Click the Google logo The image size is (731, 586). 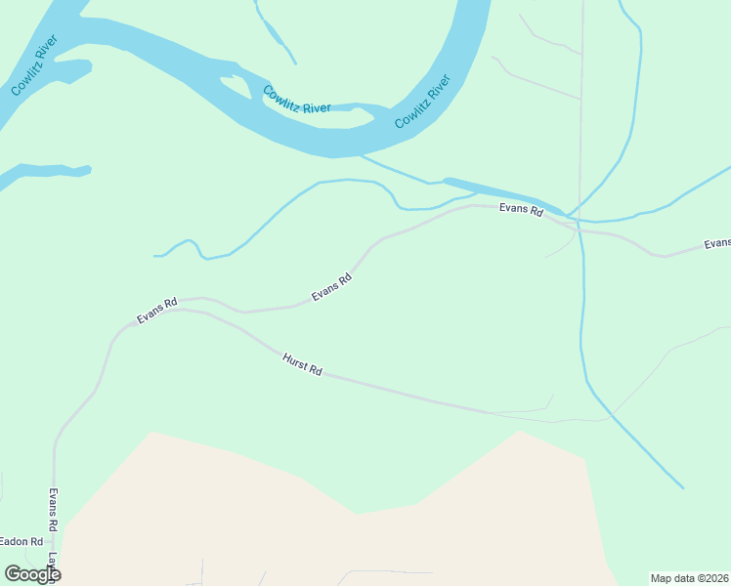(x=32, y=574)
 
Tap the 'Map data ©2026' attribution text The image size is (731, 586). (x=689, y=578)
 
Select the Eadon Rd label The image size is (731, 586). (x=21, y=541)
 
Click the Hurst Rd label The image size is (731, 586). (x=302, y=364)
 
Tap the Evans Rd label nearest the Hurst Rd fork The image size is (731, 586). (x=156, y=311)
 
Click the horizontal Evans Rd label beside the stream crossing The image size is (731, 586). (x=520, y=208)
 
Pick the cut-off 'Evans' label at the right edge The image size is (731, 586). (x=717, y=243)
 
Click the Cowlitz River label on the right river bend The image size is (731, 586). (x=422, y=102)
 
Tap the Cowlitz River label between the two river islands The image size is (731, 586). (x=296, y=100)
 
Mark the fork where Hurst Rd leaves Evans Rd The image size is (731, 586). (x=185, y=311)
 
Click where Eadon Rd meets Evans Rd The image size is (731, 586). (x=55, y=541)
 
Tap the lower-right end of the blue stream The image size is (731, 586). (x=682, y=486)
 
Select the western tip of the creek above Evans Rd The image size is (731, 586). (x=155, y=256)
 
